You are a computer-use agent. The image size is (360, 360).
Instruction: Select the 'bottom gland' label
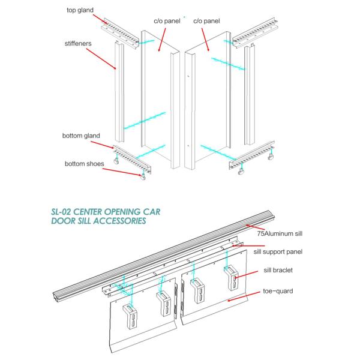click(x=80, y=136)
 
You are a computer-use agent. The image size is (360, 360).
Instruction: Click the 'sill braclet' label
click(x=279, y=271)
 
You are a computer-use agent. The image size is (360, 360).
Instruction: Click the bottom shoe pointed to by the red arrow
click(x=143, y=176)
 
